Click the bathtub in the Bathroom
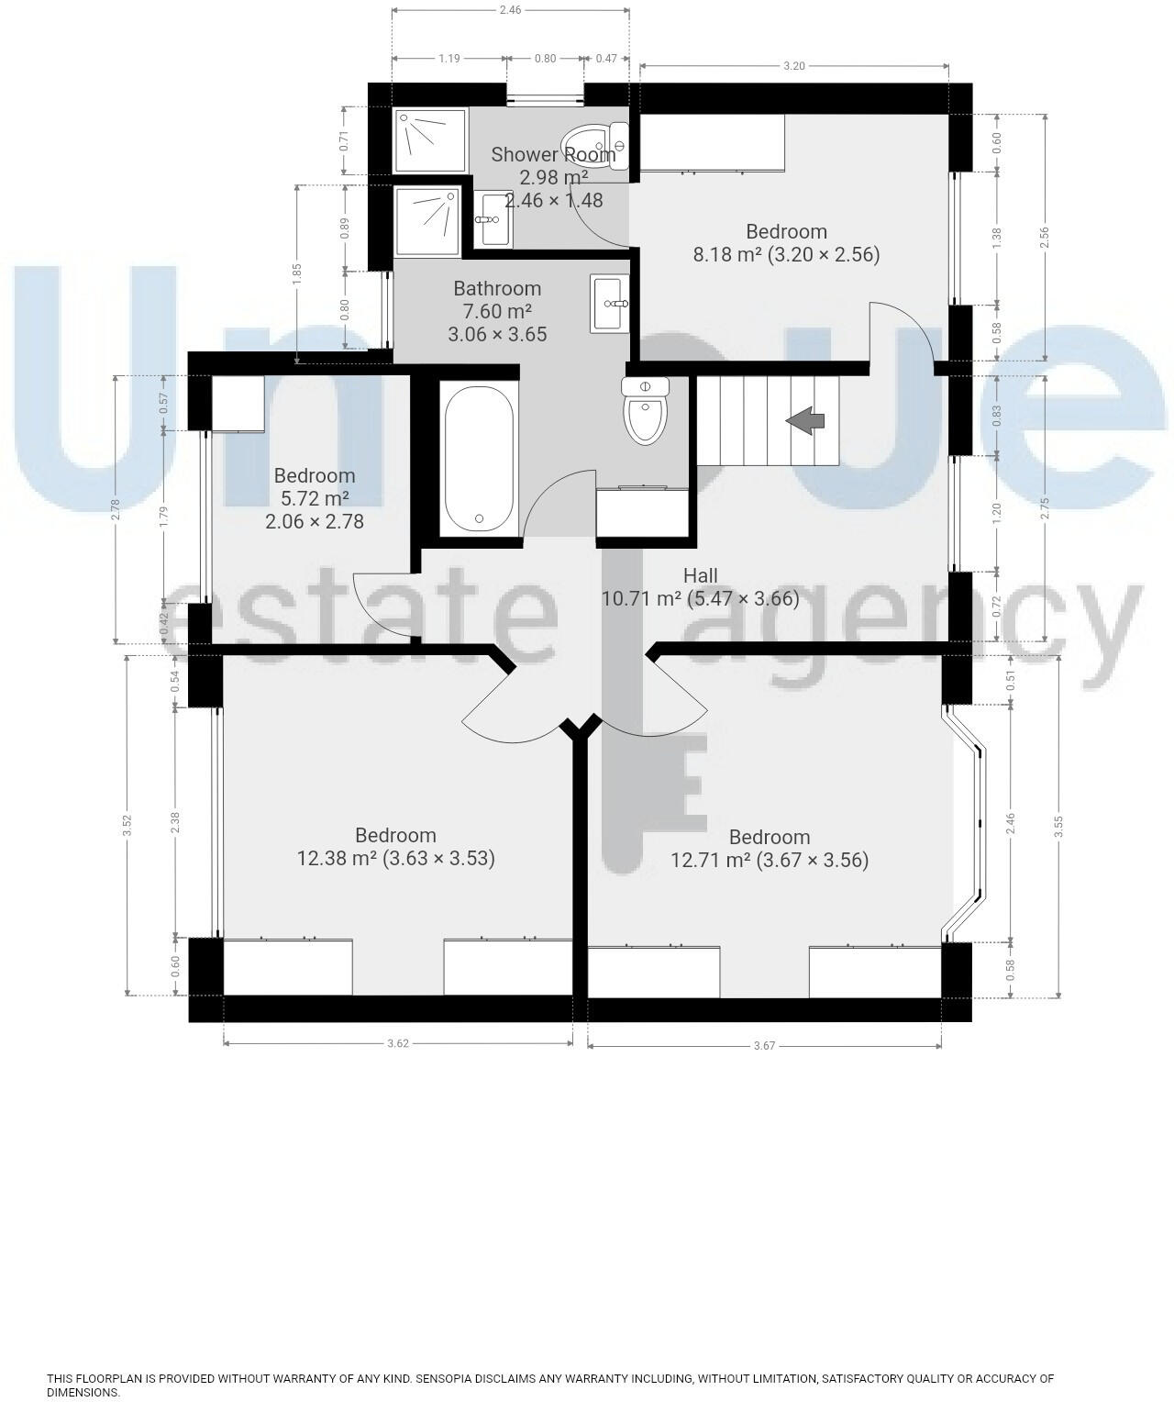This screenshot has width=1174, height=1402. point(478,459)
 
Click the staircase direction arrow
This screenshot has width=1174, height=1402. point(805,421)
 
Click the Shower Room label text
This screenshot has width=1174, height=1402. point(553,154)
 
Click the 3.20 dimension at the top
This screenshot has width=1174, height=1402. point(793,66)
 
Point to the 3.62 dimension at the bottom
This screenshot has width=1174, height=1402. point(398,1043)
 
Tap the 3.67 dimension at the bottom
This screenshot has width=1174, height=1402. point(764,1045)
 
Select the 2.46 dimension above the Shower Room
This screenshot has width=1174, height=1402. point(510,11)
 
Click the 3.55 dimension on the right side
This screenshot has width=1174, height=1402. point(1059,828)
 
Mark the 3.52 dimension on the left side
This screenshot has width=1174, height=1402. point(128,825)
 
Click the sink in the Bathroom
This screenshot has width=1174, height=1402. point(610,303)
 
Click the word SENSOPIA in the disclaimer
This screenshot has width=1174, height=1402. point(447,1378)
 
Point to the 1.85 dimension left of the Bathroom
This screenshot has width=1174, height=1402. point(296,273)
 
